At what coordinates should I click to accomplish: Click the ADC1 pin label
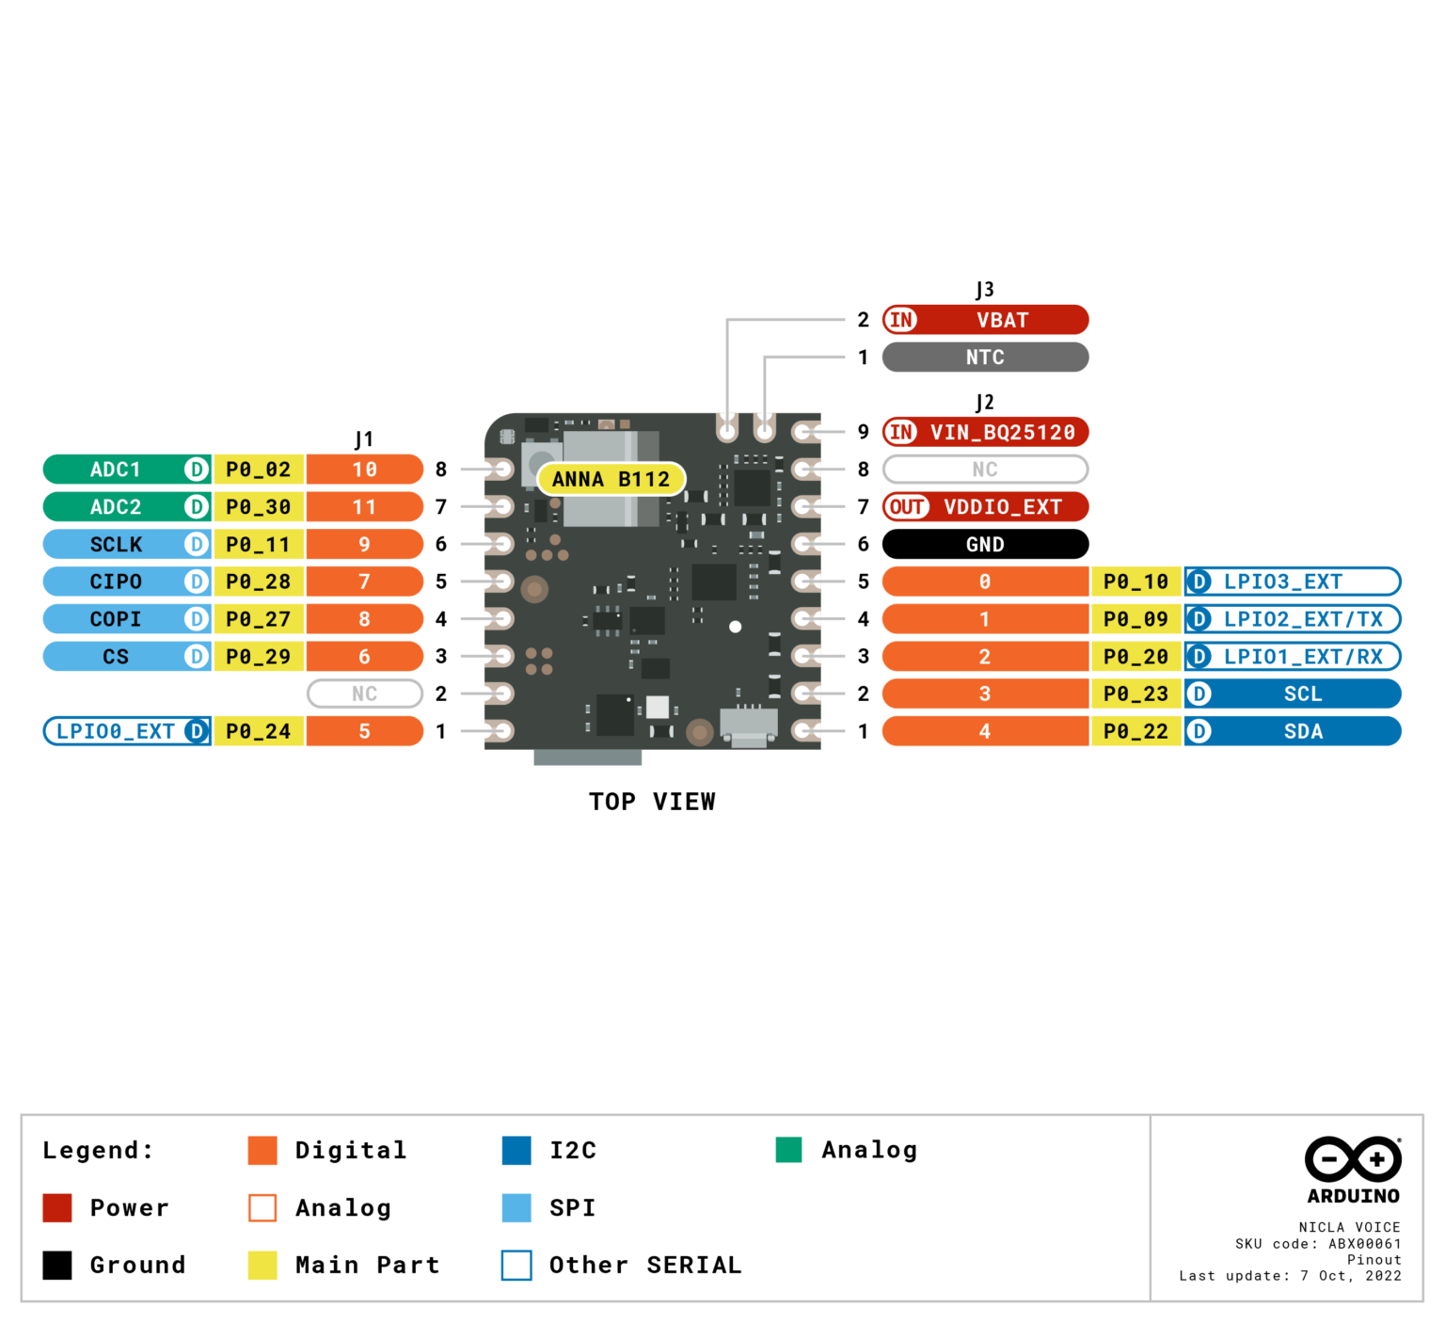point(115,470)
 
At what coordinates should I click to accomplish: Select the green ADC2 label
point(115,507)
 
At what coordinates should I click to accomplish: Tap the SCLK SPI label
point(115,545)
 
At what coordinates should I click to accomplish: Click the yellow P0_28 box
point(258,582)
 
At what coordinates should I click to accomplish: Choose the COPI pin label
point(115,619)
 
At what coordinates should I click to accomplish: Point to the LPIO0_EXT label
point(115,731)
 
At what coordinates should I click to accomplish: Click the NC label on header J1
point(364,693)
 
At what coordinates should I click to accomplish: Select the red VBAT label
point(1001,320)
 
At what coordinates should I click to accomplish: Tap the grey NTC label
point(985,358)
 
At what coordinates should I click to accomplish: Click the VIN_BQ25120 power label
point(1001,432)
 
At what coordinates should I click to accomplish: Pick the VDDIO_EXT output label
point(1001,507)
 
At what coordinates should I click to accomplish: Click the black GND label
point(985,544)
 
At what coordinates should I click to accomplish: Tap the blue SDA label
point(1302,731)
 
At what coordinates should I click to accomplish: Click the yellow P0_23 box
point(1135,693)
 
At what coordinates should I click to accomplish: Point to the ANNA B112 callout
point(611,479)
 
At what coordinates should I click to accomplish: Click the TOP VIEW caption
point(652,802)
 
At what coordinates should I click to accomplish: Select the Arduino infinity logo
point(1353,1158)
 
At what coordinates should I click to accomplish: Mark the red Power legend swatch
point(57,1207)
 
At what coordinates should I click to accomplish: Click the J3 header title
point(984,289)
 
